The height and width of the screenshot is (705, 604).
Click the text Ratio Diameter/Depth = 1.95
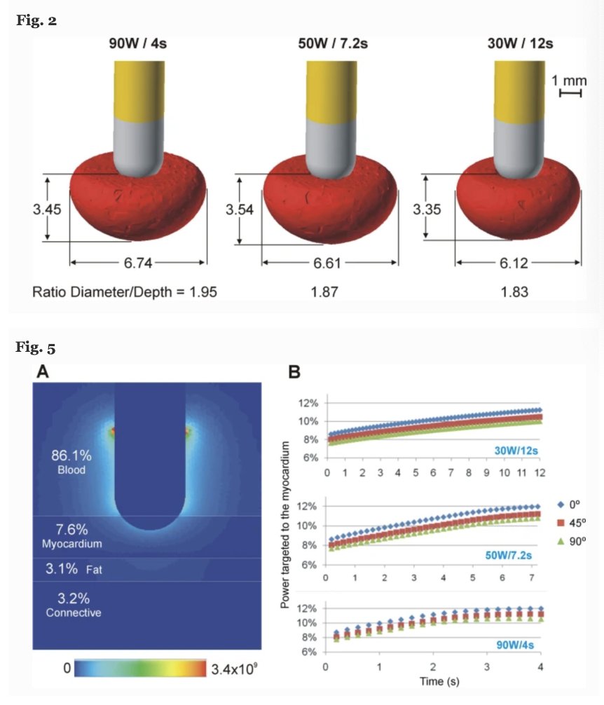(125, 292)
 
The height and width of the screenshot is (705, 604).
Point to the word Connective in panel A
(74, 612)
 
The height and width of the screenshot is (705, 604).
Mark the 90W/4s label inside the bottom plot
(516, 645)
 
